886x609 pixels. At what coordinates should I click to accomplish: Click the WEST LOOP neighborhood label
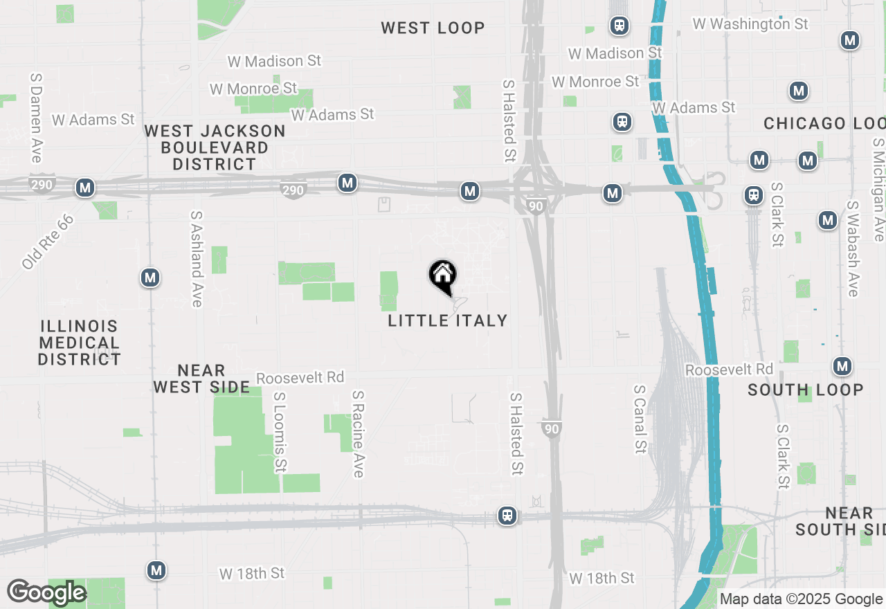click(x=433, y=28)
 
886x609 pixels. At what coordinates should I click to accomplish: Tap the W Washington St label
click(x=750, y=24)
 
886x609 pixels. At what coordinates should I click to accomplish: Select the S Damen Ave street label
click(x=36, y=118)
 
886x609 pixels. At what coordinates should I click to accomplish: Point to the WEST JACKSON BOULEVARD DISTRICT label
click(x=215, y=147)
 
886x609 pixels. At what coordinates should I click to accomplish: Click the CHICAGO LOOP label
click(x=824, y=124)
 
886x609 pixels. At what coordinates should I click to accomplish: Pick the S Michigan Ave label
click(x=878, y=190)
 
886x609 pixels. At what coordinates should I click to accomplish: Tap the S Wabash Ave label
click(x=852, y=249)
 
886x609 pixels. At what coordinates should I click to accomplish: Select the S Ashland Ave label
click(x=197, y=259)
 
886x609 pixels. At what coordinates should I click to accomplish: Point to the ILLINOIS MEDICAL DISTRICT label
click(x=80, y=343)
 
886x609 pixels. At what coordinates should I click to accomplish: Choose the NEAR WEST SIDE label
click(x=201, y=379)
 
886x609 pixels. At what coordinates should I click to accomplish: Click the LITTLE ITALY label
click(x=448, y=320)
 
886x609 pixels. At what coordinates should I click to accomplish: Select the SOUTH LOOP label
click(x=806, y=390)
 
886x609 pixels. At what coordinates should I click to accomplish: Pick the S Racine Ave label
click(x=358, y=434)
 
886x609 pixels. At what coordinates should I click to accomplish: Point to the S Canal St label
click(x=640, y=419)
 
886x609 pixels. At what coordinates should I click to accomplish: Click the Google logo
click(x=46, y=592)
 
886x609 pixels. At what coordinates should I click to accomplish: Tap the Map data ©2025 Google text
click(x=801, y=599)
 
